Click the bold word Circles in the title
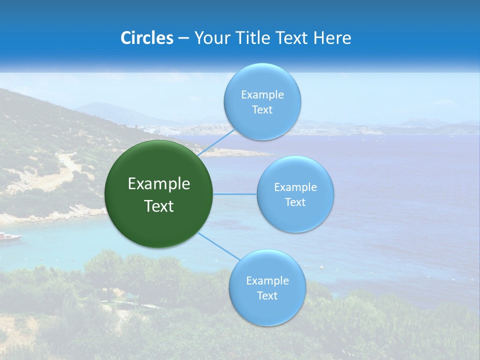click(x=147, y=38)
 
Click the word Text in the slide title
click(x=292, y=38)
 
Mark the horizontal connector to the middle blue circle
click(x=235, y=194)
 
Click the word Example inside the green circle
click(x=159, y=184)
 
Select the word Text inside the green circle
click(x=159, y=206)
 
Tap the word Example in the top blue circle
click(x=262, y=95)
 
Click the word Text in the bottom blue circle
click(x=267, y=295)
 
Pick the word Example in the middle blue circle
click(x=295, y=187)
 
